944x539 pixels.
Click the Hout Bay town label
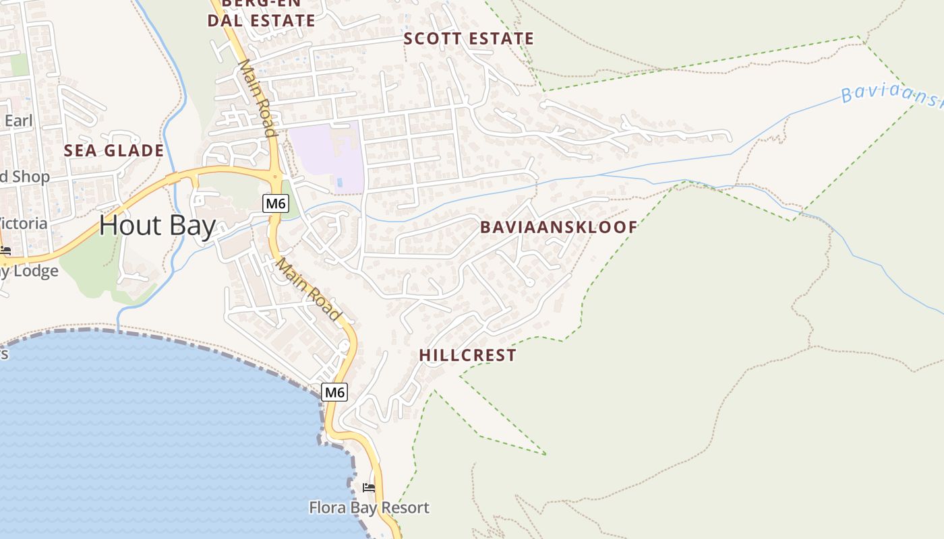[157, 226]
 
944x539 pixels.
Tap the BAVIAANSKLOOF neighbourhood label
[558, 227]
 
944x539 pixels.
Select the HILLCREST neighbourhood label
[467, 355]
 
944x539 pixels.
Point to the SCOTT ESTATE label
[469, 39]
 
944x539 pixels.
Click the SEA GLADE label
[114, 150]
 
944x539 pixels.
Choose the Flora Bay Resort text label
[369, 507]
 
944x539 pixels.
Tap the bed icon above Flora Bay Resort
[369, 487]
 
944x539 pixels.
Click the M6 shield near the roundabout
[275, 203]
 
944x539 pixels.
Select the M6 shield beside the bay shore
[334, 391]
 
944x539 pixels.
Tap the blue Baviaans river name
[890, 95]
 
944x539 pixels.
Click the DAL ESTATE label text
[261, 21]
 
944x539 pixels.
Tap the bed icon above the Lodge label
[5, 251]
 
